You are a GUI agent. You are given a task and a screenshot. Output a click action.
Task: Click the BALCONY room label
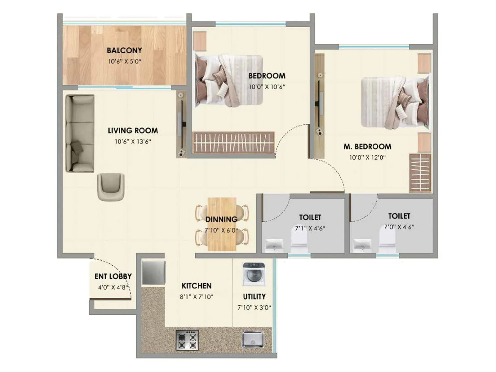[x=124, y=50]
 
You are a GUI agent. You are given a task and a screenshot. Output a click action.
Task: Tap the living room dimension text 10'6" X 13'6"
[x=133, y=142]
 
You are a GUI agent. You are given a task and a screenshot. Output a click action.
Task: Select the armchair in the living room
[x=111, y=186]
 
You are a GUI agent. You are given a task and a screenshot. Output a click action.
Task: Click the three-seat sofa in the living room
[x=80, y=133]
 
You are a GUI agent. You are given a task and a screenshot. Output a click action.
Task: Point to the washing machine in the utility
[x=254, y=274]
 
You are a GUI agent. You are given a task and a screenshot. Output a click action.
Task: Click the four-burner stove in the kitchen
[x=187, y=340]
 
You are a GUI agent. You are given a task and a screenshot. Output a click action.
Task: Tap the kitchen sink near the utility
[x=253, y=339]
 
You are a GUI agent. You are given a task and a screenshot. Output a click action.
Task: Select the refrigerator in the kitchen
[x=153, y=273]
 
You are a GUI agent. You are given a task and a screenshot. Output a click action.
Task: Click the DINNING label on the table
[x=221, y=219]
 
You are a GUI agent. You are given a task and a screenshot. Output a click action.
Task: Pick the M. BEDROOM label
[x=367, y=147]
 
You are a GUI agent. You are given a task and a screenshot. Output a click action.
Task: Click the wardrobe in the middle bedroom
[x=233, y=142]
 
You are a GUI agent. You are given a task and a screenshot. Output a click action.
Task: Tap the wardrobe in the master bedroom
[x=420, y=173]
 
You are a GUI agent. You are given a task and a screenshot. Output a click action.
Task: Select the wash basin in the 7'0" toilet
[x=362, y=244]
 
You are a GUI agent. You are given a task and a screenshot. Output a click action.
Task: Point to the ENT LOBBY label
[x=113, y=276]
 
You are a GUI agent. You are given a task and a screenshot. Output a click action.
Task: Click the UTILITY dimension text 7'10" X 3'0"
[x=254, y=308]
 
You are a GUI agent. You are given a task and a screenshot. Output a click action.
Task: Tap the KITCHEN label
[x=197, y=286]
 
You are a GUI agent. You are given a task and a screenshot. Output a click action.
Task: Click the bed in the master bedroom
[x=395, y=102]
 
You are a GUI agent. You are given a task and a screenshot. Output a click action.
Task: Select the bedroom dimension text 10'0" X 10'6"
[x=267, y=87]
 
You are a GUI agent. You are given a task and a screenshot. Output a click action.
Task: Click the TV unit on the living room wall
[x=182, y=124]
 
